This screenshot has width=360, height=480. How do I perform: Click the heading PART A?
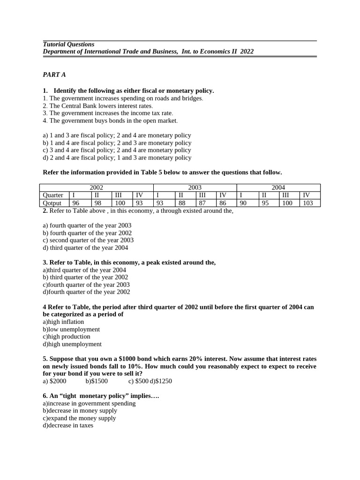pos(54,75)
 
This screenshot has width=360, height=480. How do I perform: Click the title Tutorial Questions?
pos(68,44)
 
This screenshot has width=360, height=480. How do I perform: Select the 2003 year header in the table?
pos(195,187)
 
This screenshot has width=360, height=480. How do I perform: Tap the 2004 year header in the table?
pos(278,187)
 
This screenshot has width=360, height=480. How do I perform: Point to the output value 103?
pos(307,203)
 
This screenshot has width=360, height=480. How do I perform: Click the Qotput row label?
pos(52,203)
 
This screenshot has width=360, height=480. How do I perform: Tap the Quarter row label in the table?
pos(53,195)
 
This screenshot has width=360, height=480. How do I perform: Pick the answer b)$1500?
pos(97,381)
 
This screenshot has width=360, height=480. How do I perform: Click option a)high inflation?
pos(63,322)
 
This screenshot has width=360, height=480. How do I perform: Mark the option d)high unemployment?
pos(72,344)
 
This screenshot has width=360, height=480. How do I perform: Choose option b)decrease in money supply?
pos(80,411)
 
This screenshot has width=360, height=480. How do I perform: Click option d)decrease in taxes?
pos(68,426)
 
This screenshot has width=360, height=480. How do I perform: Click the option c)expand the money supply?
pos(79,418)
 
